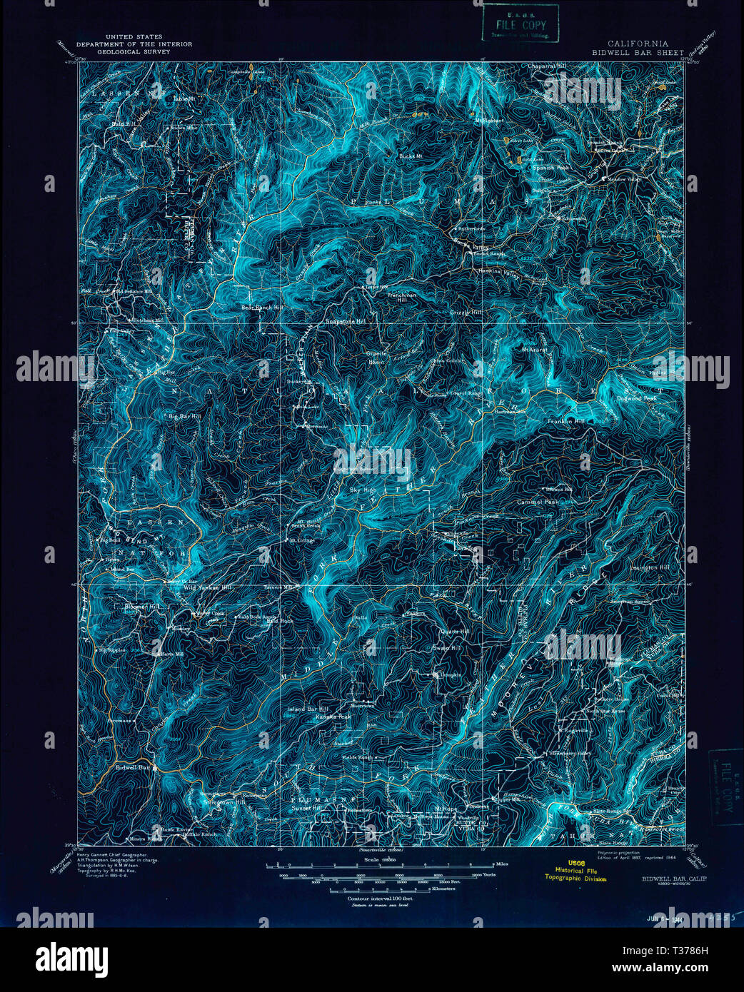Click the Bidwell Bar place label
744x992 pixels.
point(132,768)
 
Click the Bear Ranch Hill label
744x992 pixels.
point(262,308)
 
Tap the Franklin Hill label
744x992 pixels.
point(565,422)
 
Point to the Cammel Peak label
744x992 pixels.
point(538,502)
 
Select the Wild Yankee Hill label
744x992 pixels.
point(207,587)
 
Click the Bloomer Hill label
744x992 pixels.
point(142,606)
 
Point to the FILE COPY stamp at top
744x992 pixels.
point(519,24)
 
